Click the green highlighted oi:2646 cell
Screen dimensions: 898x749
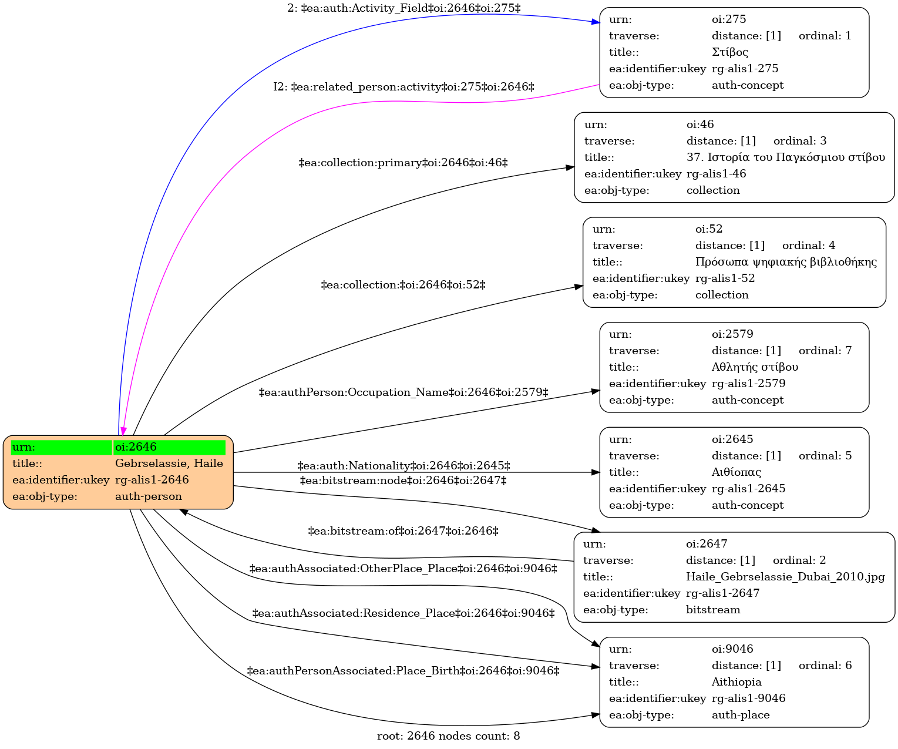click(169, 447)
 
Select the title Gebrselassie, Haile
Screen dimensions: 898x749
click(169, 463)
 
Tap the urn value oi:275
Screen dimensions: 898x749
click(729, 19)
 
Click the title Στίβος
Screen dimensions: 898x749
click(730, 52)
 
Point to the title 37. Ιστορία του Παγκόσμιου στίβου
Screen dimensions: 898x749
click(785, 157)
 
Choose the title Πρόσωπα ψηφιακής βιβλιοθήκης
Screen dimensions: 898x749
click(786, 262)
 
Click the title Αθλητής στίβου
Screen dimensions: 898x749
click(755, 367)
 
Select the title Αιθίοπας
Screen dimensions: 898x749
click(736, 472)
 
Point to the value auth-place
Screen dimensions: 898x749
click(741, 715)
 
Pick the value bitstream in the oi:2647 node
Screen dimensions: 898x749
click(712, 610)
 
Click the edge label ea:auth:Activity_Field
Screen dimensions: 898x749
click(404, 8)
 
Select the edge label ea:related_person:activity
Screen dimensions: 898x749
click(403, 87)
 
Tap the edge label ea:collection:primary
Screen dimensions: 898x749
click(403, 163)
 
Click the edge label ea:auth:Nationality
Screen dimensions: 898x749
click(403, 465)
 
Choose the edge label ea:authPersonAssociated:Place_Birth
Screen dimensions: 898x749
click(403, 671)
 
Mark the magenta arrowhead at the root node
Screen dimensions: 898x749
click(123, 432)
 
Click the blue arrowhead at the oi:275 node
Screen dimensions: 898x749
click(596, 22)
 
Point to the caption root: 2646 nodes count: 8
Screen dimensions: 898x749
click(449, 736)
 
